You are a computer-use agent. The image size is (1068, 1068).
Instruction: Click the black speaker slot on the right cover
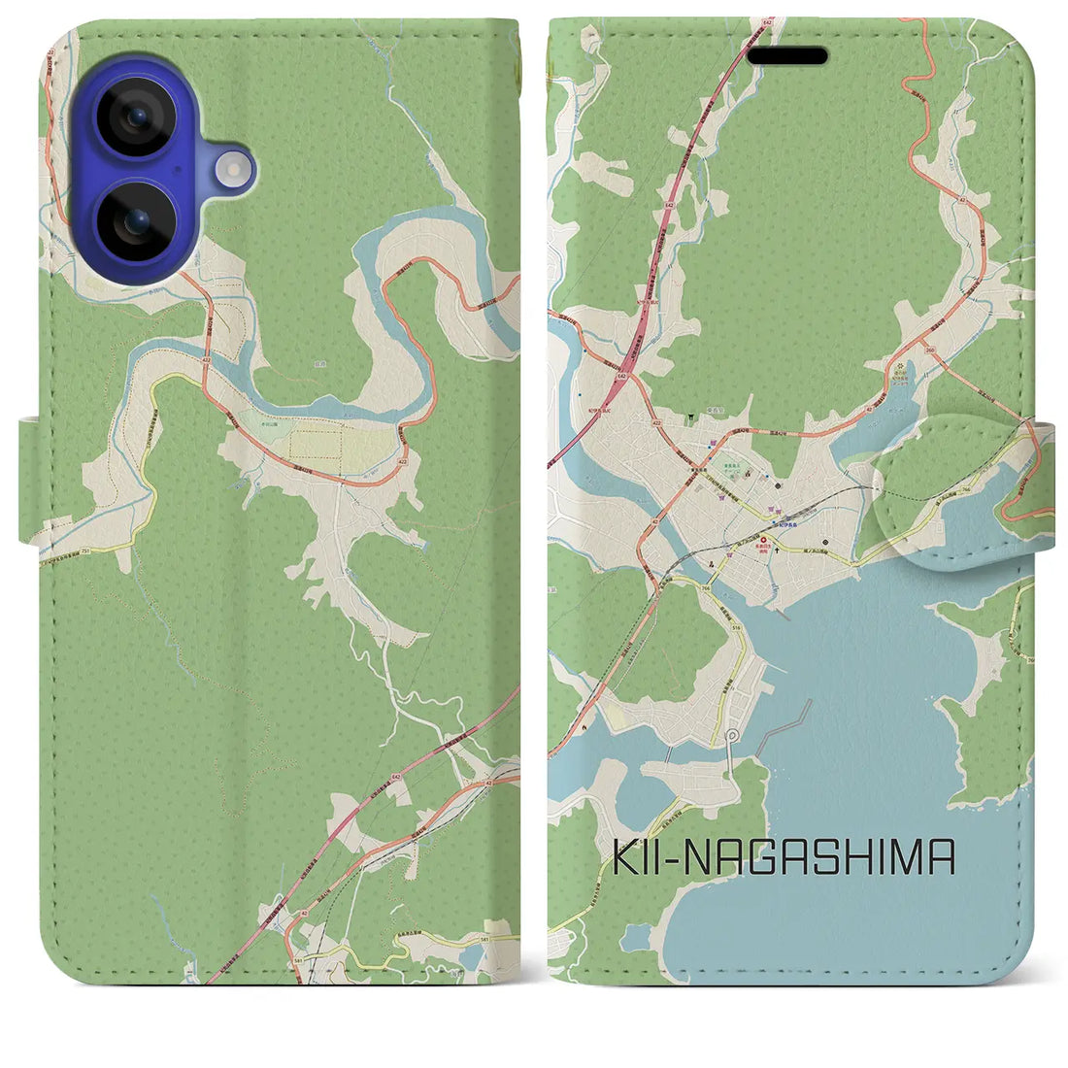tap(786, 56)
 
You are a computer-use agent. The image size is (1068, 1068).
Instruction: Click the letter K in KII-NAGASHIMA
tap(625, 859)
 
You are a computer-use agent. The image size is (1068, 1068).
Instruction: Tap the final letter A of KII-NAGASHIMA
tap(941, 859)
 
